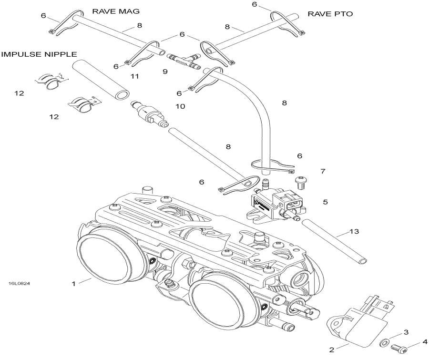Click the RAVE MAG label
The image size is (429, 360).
(112, 11)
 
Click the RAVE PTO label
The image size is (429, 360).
(330, 14)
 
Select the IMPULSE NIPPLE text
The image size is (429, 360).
(39, 54)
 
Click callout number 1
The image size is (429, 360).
(73, 284)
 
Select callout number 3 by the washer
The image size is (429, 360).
(406, 332)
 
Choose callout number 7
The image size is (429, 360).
(323, 171)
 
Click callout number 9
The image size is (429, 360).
(165, 72)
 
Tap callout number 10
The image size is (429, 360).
(180, 106)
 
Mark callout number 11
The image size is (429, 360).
(134, 76)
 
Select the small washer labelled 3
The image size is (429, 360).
(384, 342)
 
